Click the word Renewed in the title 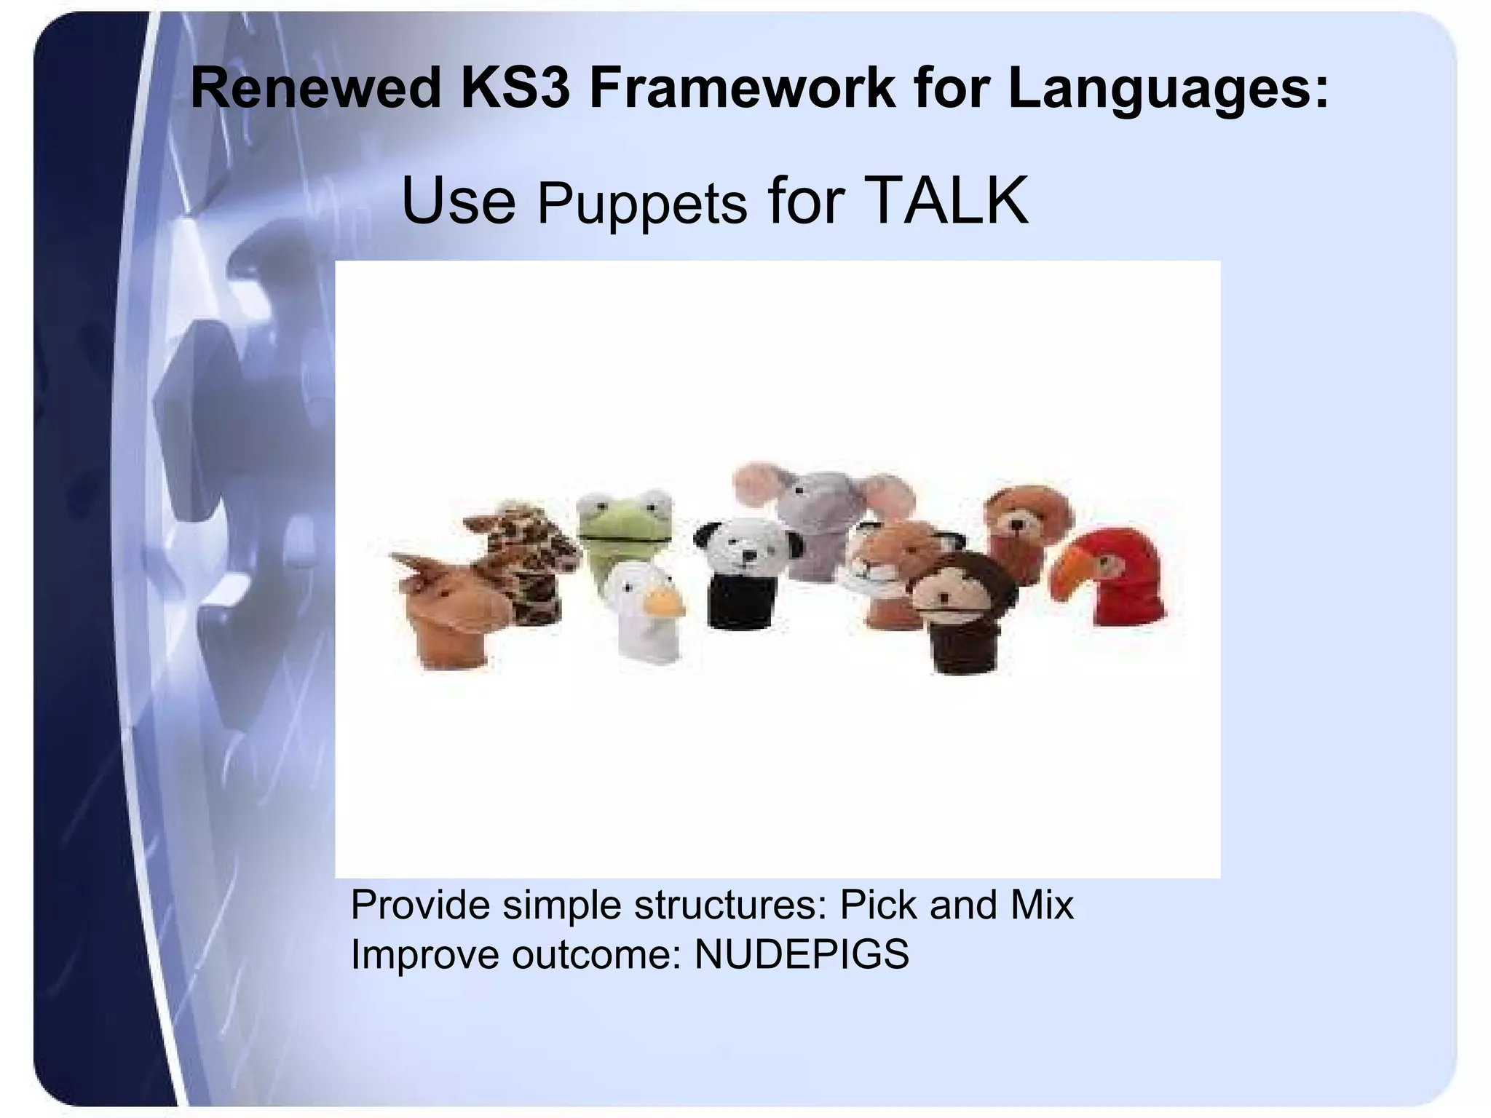point(315,89)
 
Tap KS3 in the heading point(514,89)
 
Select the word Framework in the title point(742,89)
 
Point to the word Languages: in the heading point(1168,89)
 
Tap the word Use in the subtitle point(458,201)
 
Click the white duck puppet point(641,611)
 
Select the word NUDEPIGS point(802,954)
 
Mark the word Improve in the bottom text point(424,954)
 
